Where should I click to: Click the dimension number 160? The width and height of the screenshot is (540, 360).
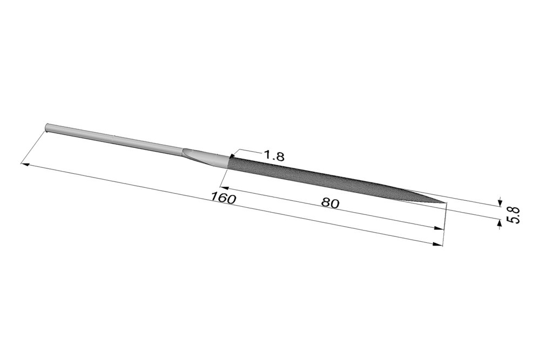point(223,198)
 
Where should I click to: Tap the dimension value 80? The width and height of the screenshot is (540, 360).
point(330,203)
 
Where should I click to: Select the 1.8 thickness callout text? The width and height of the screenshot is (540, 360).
point(274,156)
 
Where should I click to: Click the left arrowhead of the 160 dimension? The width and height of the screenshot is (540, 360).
point(25,164)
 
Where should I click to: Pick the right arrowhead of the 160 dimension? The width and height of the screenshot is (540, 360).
point(438,244)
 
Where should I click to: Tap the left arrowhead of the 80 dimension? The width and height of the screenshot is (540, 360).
point(224,188)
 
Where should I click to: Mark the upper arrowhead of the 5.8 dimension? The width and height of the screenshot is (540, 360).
point(500,203)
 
